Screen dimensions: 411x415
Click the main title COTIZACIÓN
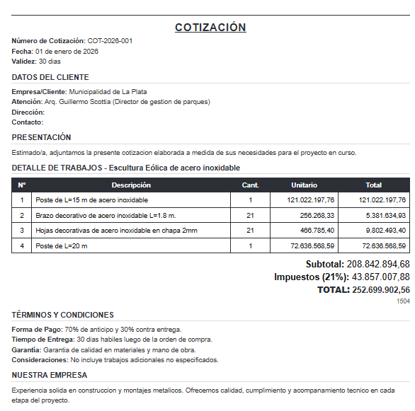[210, 28]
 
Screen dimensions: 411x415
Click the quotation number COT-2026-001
[110, 41]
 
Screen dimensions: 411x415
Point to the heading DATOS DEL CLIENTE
[50, 77]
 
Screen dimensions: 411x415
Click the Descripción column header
[131, 185]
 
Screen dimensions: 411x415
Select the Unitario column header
[304, 185]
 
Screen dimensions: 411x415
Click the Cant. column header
[250, 185]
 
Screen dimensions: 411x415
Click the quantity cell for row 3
[250, 231]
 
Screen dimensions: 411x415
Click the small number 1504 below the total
[403, 301]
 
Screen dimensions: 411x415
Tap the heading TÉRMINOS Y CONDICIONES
[62, 315]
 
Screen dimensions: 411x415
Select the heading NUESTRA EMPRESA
[49, 375]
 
